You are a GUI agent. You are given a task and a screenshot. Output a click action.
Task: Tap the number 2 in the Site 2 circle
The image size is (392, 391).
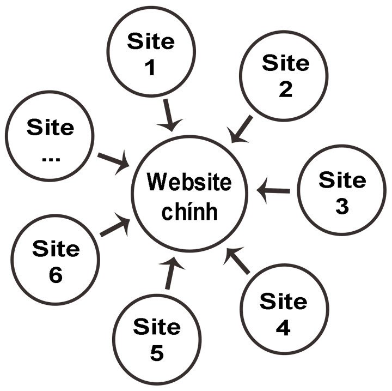[285, 89]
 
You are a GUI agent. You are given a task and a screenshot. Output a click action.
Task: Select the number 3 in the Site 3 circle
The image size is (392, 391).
[341, 206]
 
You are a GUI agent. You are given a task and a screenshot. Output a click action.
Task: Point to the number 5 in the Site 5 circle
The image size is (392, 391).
[156, 353]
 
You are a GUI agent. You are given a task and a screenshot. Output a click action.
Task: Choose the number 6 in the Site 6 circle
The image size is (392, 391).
[55, 275]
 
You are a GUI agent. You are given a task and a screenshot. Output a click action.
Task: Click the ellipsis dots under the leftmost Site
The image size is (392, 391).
[50, 158]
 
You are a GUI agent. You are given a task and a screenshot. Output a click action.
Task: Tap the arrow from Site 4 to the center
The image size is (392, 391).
[238, 261]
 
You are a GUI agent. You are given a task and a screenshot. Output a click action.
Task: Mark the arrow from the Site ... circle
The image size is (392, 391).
[114, 161]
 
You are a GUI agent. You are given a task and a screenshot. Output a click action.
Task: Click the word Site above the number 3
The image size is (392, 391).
[342, 179]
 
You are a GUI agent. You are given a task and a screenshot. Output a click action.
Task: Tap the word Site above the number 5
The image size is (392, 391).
[156, 327]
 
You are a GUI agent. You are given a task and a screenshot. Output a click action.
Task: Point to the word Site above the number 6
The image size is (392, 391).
[56, 249]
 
